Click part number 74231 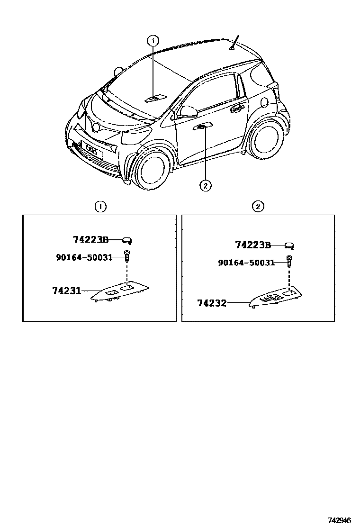pos(66,290)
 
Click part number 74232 pos(212,302)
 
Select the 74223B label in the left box pos(91,240)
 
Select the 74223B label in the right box pos(253,245)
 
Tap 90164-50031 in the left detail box pos(84,257)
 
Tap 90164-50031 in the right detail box pos(246,262)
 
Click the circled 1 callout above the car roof pos(153,41)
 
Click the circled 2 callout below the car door pos(205,185)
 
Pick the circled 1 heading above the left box pos(100,206)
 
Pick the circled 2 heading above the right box pos(258,206)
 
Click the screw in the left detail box pos(127,256)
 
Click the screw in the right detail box pos(289,260)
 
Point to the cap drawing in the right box pos(289,245)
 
